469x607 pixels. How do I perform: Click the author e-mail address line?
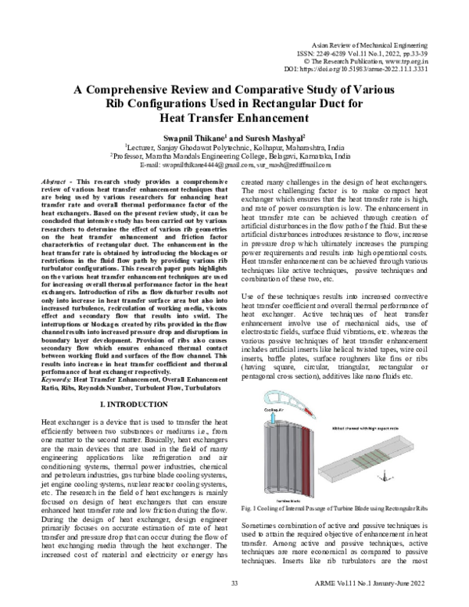click(x=234, y=165)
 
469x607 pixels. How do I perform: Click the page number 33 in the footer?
click(x=234, y=584)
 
